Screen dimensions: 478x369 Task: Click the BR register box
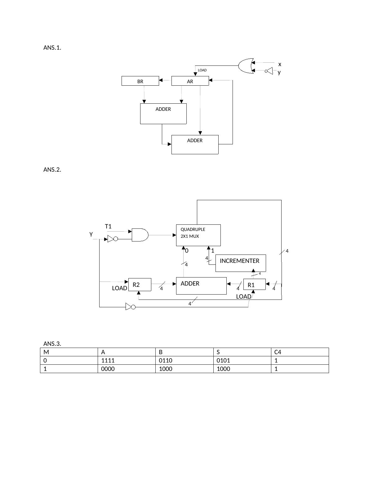pos(140,81)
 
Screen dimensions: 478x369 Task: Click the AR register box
pos(190,81)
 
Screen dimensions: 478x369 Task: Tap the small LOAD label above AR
pos(202,70)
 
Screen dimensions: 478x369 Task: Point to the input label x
pos(280,64)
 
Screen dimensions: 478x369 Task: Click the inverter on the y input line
pos(269,71)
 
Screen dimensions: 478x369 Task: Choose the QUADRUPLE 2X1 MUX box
pos(198,235)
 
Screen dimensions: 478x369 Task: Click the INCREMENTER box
pos(240,263)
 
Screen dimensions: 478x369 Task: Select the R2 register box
pos(140,284)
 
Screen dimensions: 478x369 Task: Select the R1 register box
pos(254,285)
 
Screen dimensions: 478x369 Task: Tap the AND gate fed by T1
pos(140,235)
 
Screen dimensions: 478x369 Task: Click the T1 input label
pos(108,227)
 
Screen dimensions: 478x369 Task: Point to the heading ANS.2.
pos(52,169)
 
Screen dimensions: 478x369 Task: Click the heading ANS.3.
pos(52,344)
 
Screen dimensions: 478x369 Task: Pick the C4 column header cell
pos(300,352)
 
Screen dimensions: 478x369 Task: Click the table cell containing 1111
pos(127,360)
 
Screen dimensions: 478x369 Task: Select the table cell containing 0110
pos(184,360)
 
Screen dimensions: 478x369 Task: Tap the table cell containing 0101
pos(242,360)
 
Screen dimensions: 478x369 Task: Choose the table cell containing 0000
pos(127,369)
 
